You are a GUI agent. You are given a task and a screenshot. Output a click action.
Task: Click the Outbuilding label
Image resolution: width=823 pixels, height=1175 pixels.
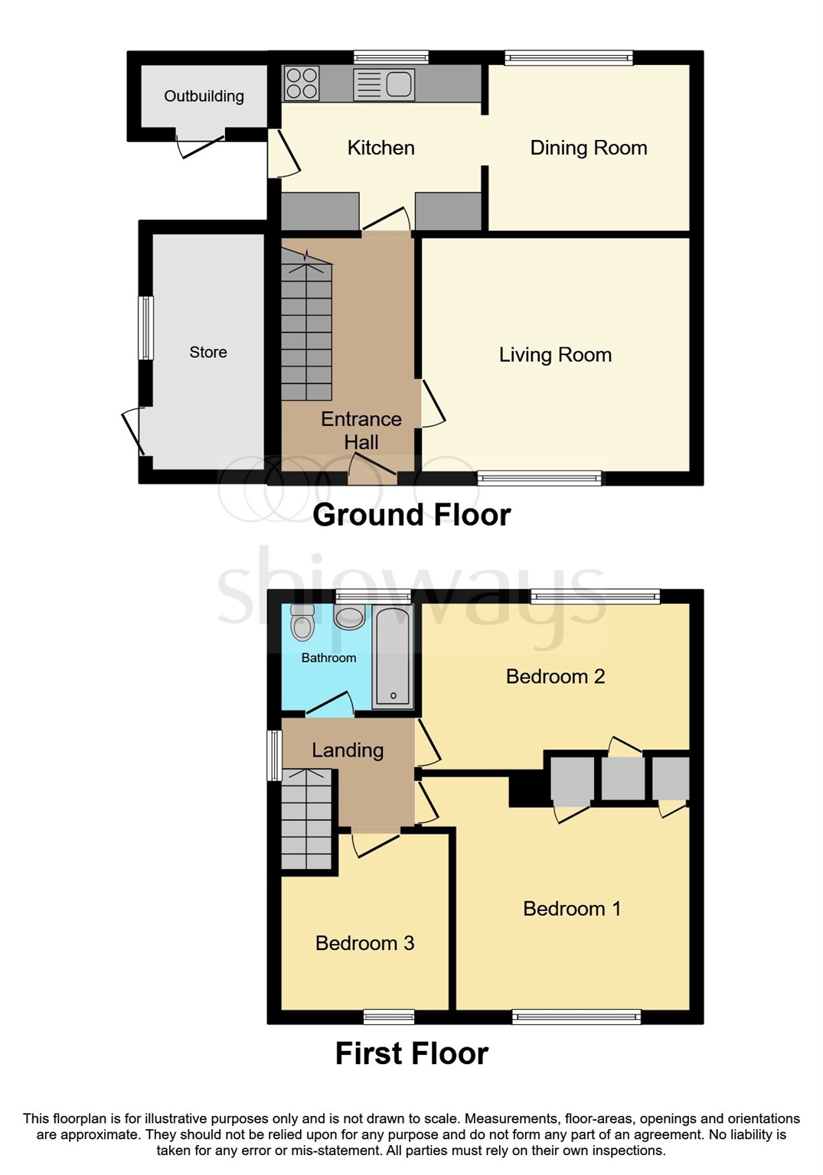click(204, 96)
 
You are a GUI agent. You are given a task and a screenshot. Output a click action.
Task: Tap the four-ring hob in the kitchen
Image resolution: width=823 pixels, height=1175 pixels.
click(302, 83)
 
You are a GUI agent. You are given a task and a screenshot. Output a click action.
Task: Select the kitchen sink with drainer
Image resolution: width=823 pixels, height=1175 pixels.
click(384, 84)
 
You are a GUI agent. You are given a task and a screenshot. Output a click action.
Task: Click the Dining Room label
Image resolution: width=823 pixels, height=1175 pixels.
click(588, 148)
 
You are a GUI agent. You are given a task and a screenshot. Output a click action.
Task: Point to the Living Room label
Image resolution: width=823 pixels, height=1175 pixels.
click(555, 355)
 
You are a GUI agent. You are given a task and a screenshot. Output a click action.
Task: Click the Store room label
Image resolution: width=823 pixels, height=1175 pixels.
click(208, 352)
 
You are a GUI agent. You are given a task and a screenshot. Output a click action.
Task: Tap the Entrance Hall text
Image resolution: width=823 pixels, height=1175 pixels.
click(361, 430)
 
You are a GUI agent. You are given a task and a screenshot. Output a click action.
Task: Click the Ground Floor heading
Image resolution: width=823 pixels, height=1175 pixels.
click(411, 515)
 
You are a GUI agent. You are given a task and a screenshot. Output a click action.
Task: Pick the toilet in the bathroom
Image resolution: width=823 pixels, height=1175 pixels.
click(303, 623)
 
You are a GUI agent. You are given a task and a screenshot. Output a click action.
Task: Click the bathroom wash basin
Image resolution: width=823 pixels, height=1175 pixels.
click(350, 617)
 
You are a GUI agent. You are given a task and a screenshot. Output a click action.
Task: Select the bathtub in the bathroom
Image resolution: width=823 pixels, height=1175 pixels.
click(392, 657)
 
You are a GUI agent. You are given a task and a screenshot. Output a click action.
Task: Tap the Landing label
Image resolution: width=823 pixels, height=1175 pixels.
click(348, 750)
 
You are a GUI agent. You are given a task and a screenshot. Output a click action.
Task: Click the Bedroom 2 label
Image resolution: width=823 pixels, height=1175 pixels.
click(555, 676)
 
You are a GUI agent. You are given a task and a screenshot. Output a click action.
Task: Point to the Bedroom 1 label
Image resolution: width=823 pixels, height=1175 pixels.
click(571, 909)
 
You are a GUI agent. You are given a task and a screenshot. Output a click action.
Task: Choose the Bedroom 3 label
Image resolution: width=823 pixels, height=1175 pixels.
click(364, 943)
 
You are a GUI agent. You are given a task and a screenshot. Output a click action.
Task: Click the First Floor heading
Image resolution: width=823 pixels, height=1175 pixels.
click(411, 1053)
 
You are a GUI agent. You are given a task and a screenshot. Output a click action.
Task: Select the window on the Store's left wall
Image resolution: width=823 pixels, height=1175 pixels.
click(145, 327)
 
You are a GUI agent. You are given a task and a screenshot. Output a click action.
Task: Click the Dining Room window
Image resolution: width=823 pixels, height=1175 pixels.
click(569, 57)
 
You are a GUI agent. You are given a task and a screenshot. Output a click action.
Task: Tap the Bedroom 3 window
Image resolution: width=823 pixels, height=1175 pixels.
click(389, 1017)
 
